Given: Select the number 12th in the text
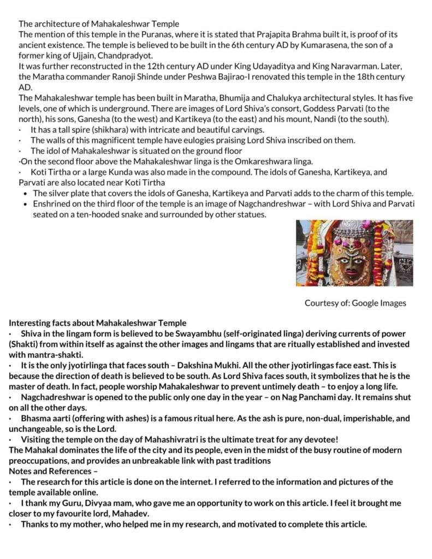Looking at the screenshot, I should pyautogui.click(x=129, y=66).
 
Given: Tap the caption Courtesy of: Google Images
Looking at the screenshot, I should pyautogui.click(x=355, y=303).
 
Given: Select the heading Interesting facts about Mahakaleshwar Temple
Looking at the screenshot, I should pyautogui.click(x=98, y=323).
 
